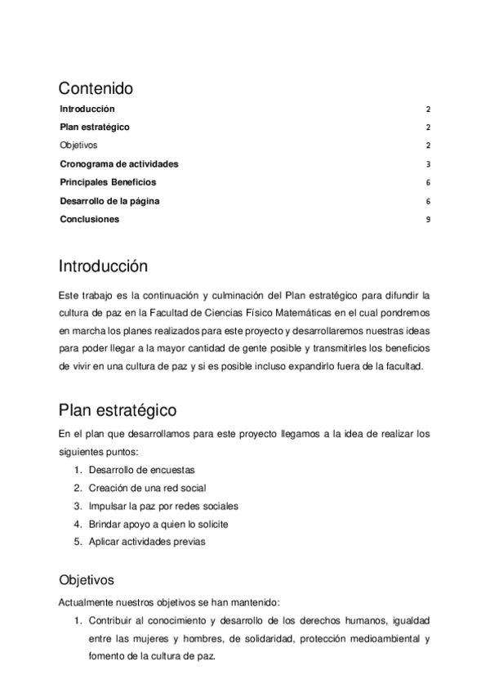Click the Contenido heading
point(96,88)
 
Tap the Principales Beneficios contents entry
point(108,182)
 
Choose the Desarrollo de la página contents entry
point(109,201)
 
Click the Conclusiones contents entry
point(89,219)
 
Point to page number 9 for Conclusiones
point(428,220)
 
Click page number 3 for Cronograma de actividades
point(428,164)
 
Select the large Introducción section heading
point(103,266)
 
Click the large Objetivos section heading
point(86,580)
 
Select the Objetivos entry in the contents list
point(78,145)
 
